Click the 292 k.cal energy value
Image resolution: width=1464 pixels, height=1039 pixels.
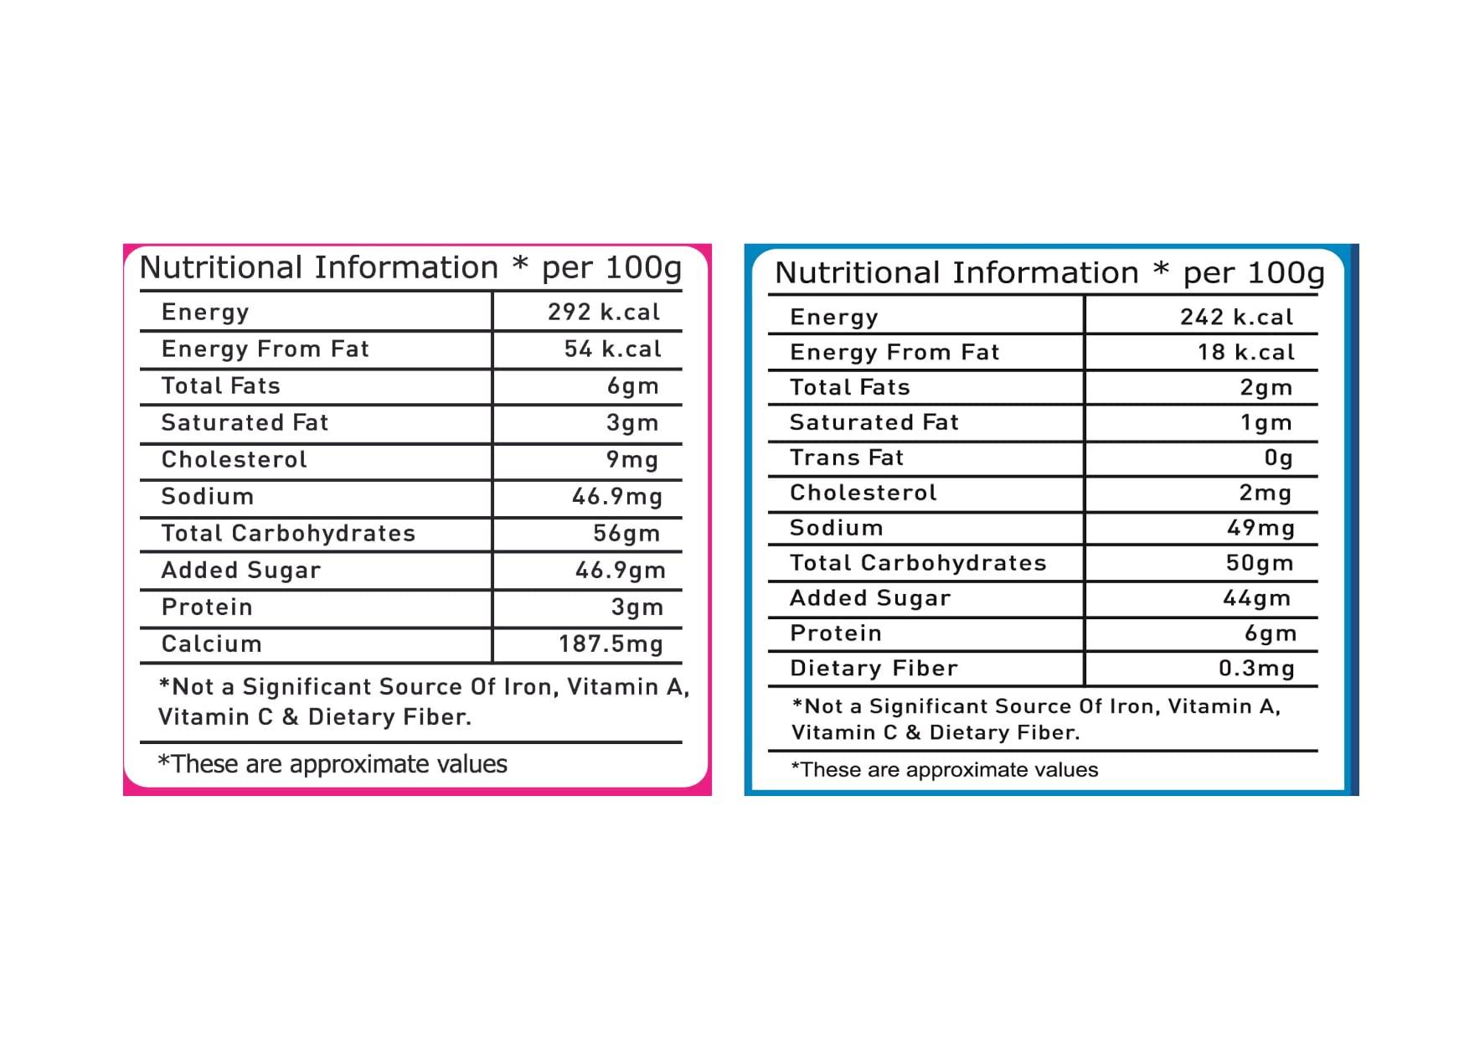603,312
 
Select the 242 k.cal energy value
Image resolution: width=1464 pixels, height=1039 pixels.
1236,317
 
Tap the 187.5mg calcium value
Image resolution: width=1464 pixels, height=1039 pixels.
611,644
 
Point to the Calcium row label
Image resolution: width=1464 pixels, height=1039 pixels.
211,644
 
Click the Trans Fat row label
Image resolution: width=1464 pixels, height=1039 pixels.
846,457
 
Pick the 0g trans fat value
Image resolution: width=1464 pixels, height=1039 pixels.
1278,457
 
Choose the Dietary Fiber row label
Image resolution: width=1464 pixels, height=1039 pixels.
873,668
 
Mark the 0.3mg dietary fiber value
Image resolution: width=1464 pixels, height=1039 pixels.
1255,668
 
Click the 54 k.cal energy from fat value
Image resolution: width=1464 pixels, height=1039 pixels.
612,349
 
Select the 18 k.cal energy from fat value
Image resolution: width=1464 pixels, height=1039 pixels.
1245,352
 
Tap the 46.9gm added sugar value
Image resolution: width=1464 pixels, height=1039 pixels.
620,570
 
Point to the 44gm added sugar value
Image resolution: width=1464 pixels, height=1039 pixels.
1256,597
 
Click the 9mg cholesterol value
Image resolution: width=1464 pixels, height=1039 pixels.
631,459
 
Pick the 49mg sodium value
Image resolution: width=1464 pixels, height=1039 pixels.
1260,528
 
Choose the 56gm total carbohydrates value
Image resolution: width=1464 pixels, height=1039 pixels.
626,533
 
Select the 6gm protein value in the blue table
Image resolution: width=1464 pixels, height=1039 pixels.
1270,633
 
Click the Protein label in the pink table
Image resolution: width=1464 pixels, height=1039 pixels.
206,607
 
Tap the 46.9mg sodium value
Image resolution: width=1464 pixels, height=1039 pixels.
616,496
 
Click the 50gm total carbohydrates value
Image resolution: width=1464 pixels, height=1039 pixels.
1259,562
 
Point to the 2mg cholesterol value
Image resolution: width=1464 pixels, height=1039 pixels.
1265,493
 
